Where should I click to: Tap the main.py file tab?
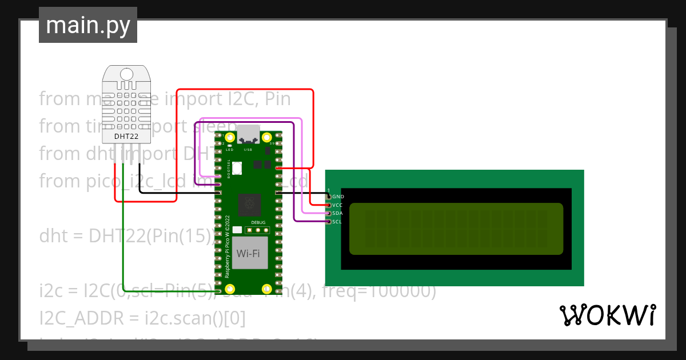click(x=88, y=25)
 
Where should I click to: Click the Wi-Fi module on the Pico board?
click(x=249, y=253)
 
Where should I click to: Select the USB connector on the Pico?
click(x=248, y=134)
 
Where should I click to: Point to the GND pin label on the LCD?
click(x=338, y=197)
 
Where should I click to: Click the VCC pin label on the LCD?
click(x=337, y=205)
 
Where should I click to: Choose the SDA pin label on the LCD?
click(x=337, y=213)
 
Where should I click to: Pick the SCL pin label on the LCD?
click(x=337, y=222)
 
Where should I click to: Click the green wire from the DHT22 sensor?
click(x=123, y=229)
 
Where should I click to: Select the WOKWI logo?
click(x=607, y=315)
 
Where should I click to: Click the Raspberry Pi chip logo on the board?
click(x=249, y=203)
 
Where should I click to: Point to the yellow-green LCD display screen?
click(x=456, y=229)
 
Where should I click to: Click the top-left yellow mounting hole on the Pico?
click(x=230, y=138)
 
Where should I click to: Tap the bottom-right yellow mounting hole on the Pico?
click(x=266, y=289)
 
